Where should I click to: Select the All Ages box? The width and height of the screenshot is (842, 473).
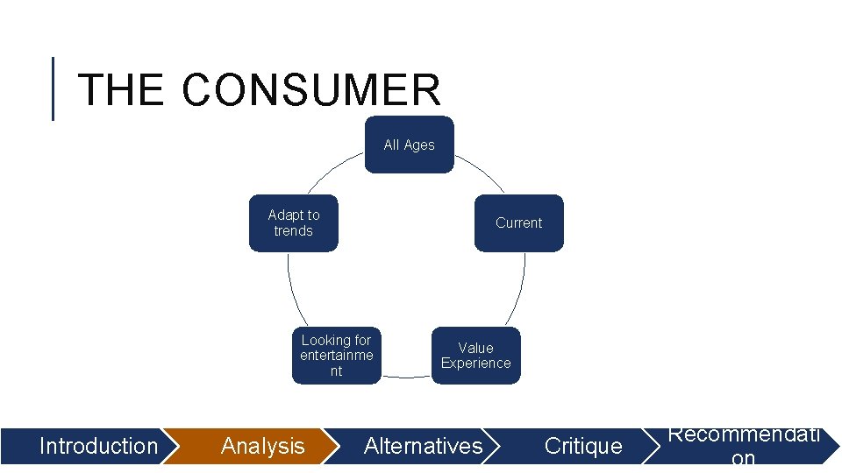(x=410, y=145)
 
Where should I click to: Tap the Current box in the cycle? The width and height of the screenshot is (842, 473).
(x=518, y=222)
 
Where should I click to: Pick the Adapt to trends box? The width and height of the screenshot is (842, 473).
(x=293, y=222)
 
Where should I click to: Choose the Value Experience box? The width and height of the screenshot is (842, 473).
(x=475, y=356)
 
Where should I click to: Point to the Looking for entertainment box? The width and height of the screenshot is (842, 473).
(x=336, y=356)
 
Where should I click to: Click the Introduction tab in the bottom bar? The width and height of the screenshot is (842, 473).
(x=98, y=446)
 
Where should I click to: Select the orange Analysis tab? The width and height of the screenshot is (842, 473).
(x=263, y=446)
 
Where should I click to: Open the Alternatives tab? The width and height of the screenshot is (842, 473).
(x=424, y=446)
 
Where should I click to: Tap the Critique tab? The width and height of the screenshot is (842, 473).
(x=583, y=446)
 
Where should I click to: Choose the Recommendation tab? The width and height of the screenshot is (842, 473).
(x=744, y=446)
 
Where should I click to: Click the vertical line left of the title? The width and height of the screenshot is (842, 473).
(x=54, y=88)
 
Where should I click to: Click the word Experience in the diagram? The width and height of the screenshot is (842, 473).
(x=475, y=364)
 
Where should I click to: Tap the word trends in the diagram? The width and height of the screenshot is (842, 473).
(x=293, y=231)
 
